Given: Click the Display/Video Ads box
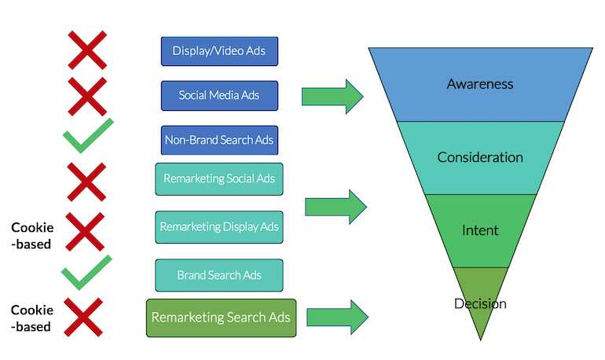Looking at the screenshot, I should tap(219, 51).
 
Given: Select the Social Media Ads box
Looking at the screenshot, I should tap(219, 96).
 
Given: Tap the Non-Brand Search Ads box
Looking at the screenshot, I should tap(219, 141).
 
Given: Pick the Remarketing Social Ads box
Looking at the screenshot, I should tap(219, 178).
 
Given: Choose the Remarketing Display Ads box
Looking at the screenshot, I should tap(219, 226).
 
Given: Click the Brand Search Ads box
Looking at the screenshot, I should tap(219, 275).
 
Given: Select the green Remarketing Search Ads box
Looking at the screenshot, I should tap(221, 318).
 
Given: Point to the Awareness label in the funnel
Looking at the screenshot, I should tap(479, 83).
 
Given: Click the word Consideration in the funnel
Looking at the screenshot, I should tap(480, 156).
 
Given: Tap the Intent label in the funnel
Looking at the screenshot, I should tap(480, 230).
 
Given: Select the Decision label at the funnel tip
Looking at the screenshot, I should tap(480, 303).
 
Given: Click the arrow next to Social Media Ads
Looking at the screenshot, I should tap(332, 96).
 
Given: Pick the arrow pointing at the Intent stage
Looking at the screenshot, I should tap(335, 207).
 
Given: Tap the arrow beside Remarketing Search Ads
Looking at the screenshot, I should tap(337, 317).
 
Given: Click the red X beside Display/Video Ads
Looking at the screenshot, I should tap(86, 50).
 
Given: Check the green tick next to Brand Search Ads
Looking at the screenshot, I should tap(86, 272).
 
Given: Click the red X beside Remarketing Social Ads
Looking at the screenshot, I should tap(86, 182).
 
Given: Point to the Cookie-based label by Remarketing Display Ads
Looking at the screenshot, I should tap(31, 235).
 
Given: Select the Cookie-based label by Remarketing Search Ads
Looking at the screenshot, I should tap(31, 319).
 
